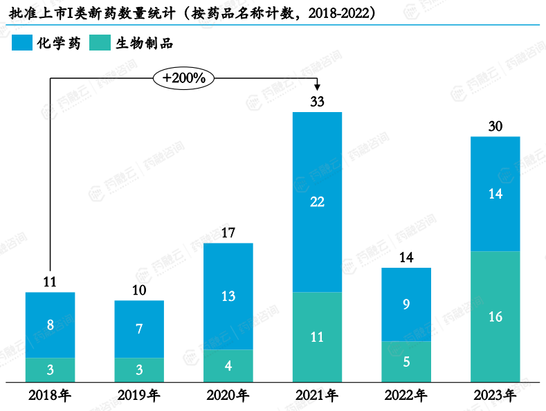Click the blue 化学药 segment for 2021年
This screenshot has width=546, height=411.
click(x=317, y=202)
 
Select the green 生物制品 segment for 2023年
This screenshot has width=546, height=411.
click(x=495, y=316)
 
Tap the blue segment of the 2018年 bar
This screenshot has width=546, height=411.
click(x=50, y=325)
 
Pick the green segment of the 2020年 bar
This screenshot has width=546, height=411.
click(x=228, y=365)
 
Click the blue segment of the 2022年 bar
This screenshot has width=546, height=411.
click(x=406, y=304)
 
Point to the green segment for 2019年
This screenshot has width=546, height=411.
click(x=139, y=369)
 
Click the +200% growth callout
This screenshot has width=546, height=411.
click(x=183, y=78)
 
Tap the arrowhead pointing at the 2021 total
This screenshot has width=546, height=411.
click(x=317, y=86)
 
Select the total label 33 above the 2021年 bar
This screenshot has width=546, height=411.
click(x=317, y=102)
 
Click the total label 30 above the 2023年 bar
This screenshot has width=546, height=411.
click(x=495, y=127)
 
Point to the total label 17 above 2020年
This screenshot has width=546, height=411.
click(x=228, y=233)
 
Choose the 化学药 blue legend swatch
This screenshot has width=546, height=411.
click(x=21, y=43)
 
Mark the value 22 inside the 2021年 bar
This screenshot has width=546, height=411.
click(x=317, y=202)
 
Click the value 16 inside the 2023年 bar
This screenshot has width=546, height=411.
click(x=495, y=317)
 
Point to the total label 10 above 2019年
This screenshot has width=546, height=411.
click(x=139, y=291)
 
